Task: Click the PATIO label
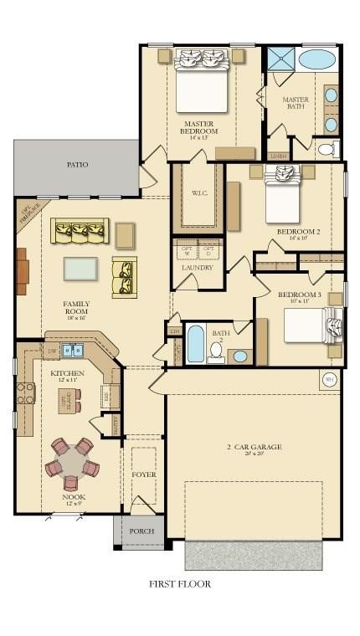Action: tap(77, 165)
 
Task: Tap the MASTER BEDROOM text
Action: tap(200, 127)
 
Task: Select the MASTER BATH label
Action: tap(296, 104)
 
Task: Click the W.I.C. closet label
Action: tap(199, 193)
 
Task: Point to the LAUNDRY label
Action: tap(198, 267)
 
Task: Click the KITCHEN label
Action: tap(66, 372)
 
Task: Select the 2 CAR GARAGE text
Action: tap(254, 447)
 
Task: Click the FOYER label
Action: tap(143, 474)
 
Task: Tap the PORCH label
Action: tap(141, 531)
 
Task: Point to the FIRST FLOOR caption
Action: tap(180, 583)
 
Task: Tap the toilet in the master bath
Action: tap(327, 150)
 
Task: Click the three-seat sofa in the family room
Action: tap(80, 230)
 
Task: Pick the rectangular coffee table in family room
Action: tap(80, 269)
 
